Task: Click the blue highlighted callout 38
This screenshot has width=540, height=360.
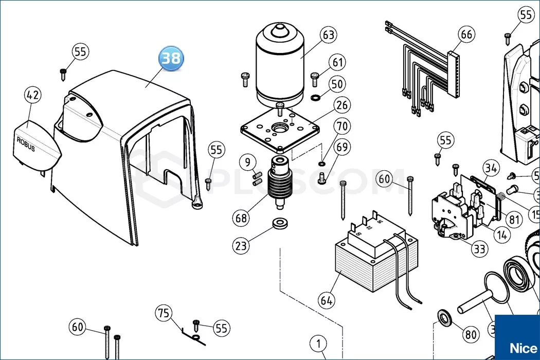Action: (171, 58)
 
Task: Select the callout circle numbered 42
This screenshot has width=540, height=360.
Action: (33, 95)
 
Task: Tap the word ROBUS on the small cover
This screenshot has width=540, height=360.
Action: (26, 143)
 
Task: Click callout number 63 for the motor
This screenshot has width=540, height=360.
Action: (328, 35)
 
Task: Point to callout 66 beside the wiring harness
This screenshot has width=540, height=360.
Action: (466, 35)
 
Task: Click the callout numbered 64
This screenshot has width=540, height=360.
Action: (326, 300)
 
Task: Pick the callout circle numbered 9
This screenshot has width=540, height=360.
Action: (247, 164)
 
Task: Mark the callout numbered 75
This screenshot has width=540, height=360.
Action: (163, 313)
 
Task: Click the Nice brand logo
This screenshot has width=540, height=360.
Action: (516, 347)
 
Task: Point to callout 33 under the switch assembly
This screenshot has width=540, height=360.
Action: (479, 250)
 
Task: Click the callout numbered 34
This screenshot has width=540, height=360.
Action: (491, 168)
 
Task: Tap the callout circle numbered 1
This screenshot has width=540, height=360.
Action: (318, 343)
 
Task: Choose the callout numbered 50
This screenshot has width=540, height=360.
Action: (337, 84)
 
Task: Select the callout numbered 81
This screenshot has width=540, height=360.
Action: (512, 219)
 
